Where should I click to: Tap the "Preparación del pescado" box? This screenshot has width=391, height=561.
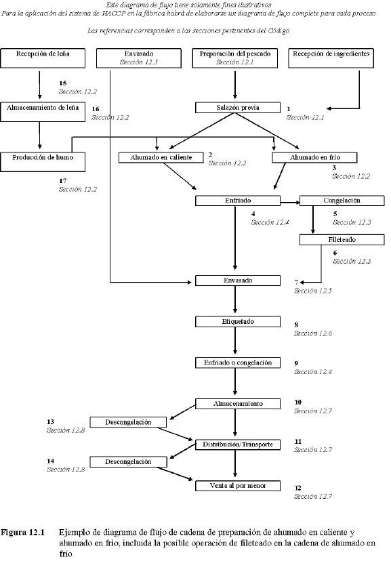(235, 58)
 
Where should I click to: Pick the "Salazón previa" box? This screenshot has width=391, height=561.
(236, 107)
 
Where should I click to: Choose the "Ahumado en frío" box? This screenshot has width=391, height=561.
(314, 157)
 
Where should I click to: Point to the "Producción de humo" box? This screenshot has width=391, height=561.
(43, 161)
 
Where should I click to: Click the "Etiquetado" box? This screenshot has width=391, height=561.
(236, 320)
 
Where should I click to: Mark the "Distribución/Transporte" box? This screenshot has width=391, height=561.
(236, 444)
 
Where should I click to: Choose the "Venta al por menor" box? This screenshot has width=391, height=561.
(236, 486)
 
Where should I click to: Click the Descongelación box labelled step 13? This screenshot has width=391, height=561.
(127, 421)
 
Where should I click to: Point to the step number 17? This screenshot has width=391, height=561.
(63, 181)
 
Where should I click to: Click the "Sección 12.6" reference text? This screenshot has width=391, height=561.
(312, 333)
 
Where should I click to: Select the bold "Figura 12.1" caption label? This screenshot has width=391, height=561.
(23, 533)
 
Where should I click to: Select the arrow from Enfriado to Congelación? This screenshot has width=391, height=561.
(289, 201)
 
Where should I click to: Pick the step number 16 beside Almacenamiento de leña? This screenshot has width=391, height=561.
(96, 108)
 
